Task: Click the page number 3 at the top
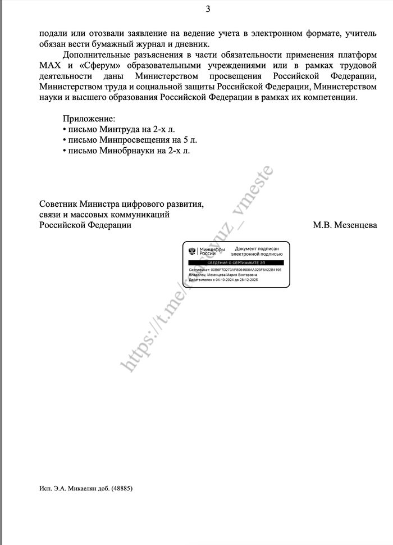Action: coord(208,8)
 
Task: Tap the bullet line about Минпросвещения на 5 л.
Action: coord(130,140)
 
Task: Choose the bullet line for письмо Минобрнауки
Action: coord(126,151)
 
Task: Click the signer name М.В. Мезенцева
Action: coord(345,225)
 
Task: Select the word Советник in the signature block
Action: coord(58,204)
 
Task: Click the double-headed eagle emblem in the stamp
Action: coord(192,251)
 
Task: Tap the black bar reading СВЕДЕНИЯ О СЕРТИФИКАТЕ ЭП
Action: coord(235,263)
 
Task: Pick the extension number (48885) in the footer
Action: coord(122,488)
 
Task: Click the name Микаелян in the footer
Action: coord(84,488)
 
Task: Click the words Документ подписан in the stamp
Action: coord(256,248)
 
